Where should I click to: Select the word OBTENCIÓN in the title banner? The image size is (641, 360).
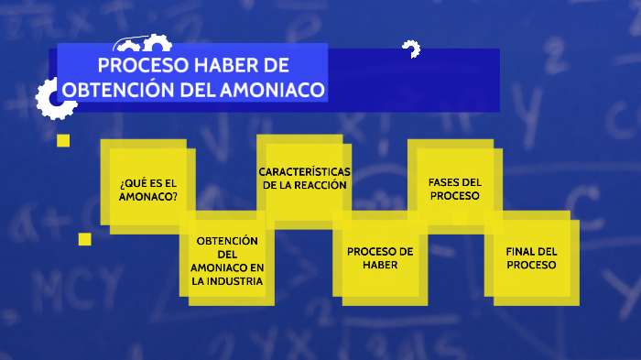tap(106, 90)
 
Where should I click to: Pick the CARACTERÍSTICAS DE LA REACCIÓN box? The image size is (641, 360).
tap(304, 180)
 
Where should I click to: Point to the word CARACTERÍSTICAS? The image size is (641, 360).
tap(304, 171)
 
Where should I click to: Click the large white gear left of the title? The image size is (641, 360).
tap(55, 97)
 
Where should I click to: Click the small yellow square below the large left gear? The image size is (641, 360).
tap(63, 140)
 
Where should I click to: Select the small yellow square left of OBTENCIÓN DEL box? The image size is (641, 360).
tap(84, 239)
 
